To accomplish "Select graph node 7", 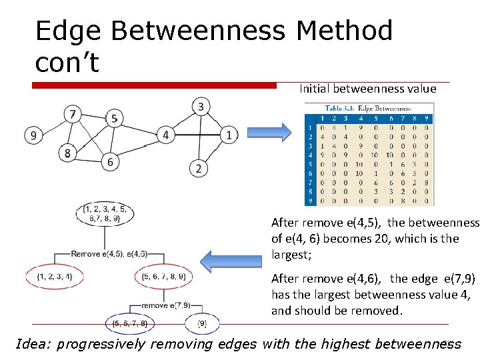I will pyautogui.click(x=73, y=114).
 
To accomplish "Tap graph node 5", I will pyautogui.click(x=114, y=119).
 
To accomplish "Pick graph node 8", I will pyautogui.click(x=67, y=153).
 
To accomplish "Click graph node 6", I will pyautogui.click(x=111, y=161).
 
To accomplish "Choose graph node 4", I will pyautogui.click(x=166, y=135).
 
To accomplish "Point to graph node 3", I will pyautogui.click(x=201, y=106).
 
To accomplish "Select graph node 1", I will pyautogui.click(x=229, y=135).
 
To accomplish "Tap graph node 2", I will pyautogui.click(x=198, y=168).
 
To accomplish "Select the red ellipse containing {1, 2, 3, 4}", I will pyautogui.click(x=55, y=276).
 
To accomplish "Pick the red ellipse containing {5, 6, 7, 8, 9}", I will pyautogui.click(x=164, y=276).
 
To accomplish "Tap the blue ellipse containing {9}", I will pyautogui.click(x=202, y=323).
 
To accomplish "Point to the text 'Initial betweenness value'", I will pyautogui.click(x=367, y=89).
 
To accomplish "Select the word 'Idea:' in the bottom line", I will pyautogui.click(x=34, y=344).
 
